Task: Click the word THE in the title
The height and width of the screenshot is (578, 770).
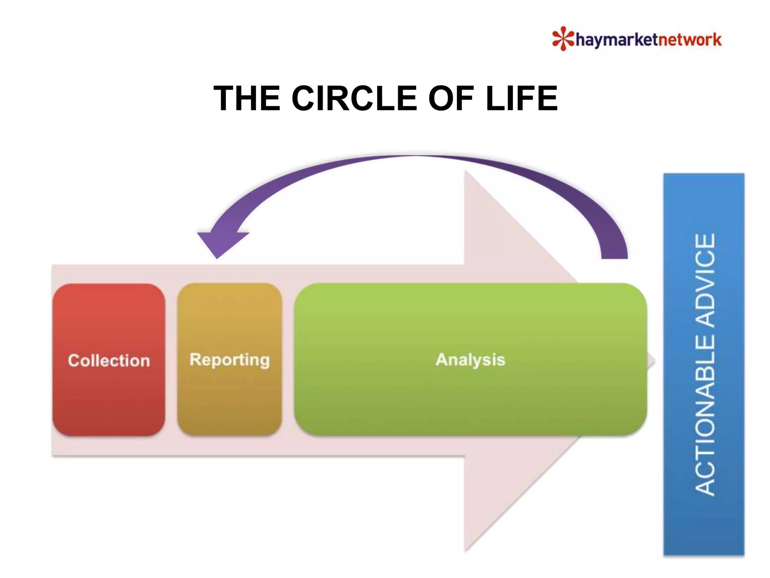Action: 247,98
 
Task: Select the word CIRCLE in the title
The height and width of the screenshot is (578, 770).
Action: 354,98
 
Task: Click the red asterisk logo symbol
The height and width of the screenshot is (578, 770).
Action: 562,38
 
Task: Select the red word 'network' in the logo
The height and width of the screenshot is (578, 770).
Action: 690,40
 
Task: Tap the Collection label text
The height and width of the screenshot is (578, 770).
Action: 109,360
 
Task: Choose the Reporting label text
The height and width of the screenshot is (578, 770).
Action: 229,360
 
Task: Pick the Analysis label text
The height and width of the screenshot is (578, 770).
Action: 470,360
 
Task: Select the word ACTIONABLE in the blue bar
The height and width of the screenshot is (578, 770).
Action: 705,414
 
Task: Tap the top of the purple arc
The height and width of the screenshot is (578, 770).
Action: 415,156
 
